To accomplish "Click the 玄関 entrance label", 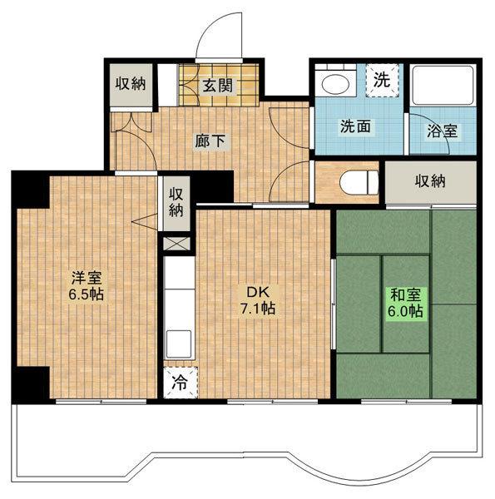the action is pos(218,86).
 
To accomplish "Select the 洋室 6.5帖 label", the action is pos(87,286).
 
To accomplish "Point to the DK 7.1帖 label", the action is pos(258,299).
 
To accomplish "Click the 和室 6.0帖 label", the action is pos(405,303).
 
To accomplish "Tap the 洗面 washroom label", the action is pos(355,126).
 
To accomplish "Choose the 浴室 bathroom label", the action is pos(442,131).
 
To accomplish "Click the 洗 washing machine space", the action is pos(382,80).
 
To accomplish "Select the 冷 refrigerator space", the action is pos(181,383).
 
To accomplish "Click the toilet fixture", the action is pos(359,183).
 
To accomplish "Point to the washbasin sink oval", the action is pos(335,84).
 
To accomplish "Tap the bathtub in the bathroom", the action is pos(443,86).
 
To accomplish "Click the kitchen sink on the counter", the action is pos(179,343).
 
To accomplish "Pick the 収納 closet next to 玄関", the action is pos(131,85).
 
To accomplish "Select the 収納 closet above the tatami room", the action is pos(430,182).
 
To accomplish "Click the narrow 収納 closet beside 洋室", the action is pos(176,204).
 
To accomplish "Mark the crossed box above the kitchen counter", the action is pos(176,244).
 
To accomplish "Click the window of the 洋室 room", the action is pos(101,402).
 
